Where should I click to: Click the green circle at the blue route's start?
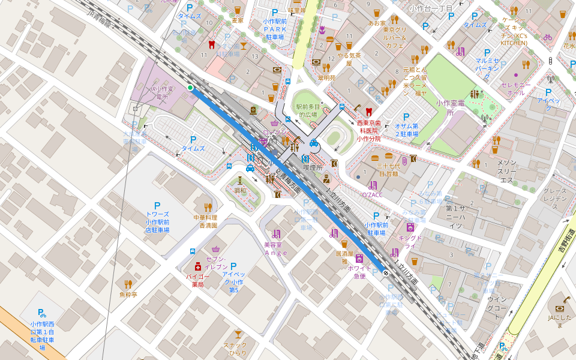click(190, 88)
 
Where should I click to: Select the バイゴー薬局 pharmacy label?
click(198, 281)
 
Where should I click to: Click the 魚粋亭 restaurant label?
click(128, 295)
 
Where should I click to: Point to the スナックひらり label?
click(239, 349)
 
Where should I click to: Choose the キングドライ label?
click(410, 242)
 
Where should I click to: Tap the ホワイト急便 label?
click(359, 272)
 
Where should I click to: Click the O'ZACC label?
click(372, 195)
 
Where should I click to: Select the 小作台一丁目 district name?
click(430, 8)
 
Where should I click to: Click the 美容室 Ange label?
click(276, 248)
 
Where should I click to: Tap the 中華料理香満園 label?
click(205, 221)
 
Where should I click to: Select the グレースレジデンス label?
click(554, 199)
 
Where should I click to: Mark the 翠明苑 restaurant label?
click(327, 77)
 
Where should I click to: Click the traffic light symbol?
click(550, 61)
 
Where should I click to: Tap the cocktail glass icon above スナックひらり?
click(239, 334)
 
